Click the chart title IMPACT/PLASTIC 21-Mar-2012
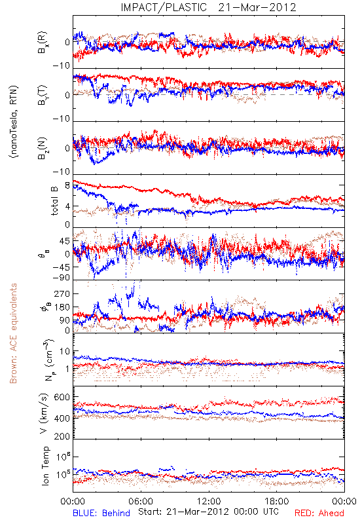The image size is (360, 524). tap(208, 7)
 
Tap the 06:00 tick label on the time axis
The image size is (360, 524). tap(141, 502)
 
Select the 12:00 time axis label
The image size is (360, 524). tap(209, 502)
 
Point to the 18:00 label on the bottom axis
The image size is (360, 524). tap(277, 502)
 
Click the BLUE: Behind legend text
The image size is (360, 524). tap(101, 514)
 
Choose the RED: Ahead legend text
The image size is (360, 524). tap(319, 514)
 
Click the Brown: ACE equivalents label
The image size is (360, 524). tap(13, 333)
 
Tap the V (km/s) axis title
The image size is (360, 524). tap(44, 413)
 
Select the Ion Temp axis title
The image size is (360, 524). tap(45, 466)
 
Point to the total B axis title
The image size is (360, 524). tap(54, 201)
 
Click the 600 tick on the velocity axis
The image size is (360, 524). tap(62, 398)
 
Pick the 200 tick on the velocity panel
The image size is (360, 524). tap(62, 436)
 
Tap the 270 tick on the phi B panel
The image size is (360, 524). tap(62, 293)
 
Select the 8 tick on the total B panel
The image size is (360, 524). tap(67, 185)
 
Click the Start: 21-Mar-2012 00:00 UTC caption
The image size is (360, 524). tap(209, 512)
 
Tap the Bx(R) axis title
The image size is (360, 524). tap(43, 43)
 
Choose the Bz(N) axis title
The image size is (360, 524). tap(43, 149)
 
